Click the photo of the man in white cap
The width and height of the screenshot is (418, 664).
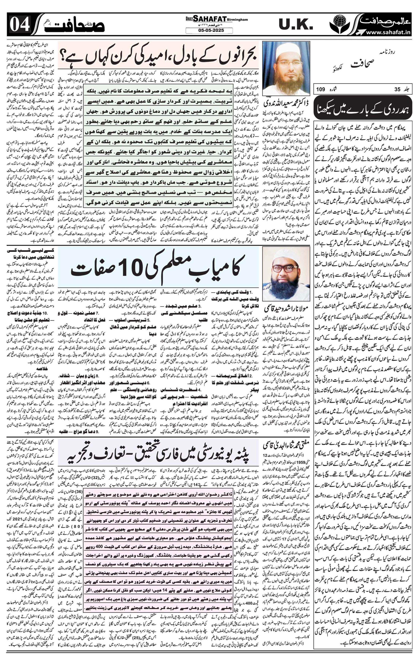[286, 68]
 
